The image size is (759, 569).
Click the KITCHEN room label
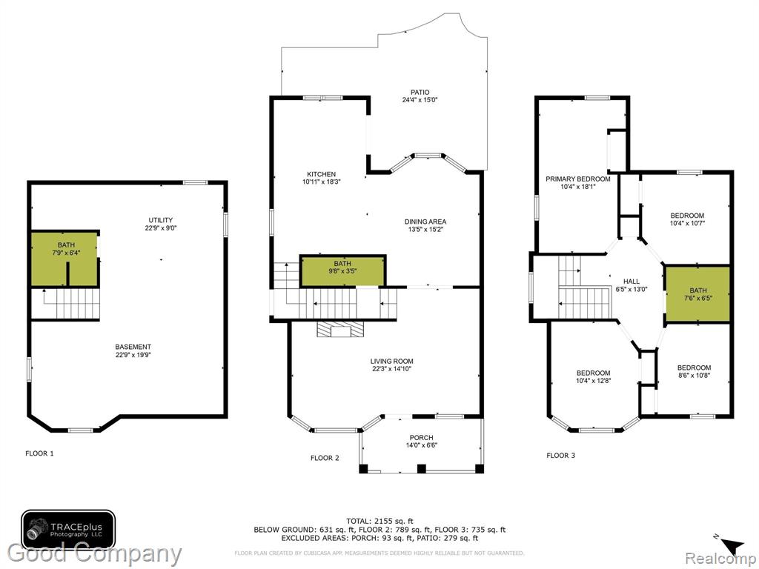[321, 174]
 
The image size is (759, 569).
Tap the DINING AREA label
[425, 222]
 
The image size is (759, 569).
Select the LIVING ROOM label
[391, 361]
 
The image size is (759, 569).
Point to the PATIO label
[420, 93]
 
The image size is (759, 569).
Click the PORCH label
[421, 438]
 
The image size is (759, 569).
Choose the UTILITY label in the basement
[161, 220]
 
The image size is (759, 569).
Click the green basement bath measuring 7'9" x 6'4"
[64, 259]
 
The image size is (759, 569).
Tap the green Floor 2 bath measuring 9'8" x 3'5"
[342, 270]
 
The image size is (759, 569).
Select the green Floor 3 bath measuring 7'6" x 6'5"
[697, 293]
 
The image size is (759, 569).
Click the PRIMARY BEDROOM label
[578, 179]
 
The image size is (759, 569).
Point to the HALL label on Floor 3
[632, 281]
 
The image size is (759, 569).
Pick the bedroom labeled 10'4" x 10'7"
[687, 219]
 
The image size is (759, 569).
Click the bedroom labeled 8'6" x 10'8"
[694, 371]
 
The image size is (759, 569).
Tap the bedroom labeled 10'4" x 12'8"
[593, 376]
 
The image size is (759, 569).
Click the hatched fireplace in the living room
[339, 329]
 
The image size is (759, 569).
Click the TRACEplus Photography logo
[68, 529]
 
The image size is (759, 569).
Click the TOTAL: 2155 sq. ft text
[379, 521]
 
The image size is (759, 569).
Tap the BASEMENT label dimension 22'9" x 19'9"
[133, 355]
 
